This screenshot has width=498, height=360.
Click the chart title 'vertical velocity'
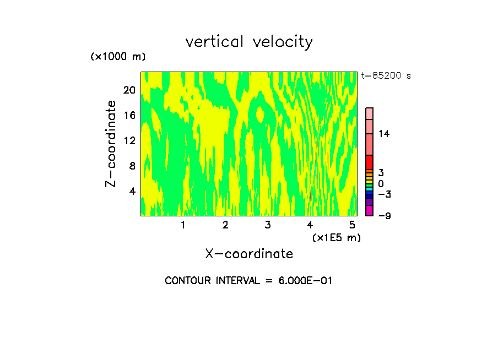(x=249, y=42)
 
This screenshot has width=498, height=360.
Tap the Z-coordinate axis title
(x=111, y=144)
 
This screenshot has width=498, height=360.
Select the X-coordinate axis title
(x=249, y=254)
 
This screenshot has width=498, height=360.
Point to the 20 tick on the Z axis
(x=129, y=90)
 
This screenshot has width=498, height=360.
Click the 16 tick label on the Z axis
(x=129, y=115)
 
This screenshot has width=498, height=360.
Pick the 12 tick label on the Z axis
(x=129, y=140)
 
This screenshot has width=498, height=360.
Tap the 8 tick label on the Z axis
(x=132, y=166)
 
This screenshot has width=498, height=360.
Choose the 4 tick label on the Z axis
(x=132, y=191)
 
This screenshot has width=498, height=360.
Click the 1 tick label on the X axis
(x=183, y=225)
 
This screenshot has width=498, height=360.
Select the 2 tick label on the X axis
(x=225, y=225)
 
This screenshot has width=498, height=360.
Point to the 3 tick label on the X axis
(x=267, y=225)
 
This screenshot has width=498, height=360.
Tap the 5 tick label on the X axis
(x=352, y=225)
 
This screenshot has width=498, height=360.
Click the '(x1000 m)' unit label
(x=118, y=57)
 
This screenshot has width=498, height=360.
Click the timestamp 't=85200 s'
(x=386, y=76)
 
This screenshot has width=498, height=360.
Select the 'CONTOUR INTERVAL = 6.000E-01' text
(x=249, y=281)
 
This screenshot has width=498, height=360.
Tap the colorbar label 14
(x=384, y=134)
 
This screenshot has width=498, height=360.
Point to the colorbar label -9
(x=384, y=216)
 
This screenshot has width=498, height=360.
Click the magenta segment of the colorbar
(x=370, y=210)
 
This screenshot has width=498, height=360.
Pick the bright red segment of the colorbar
(x=370, y=162)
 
